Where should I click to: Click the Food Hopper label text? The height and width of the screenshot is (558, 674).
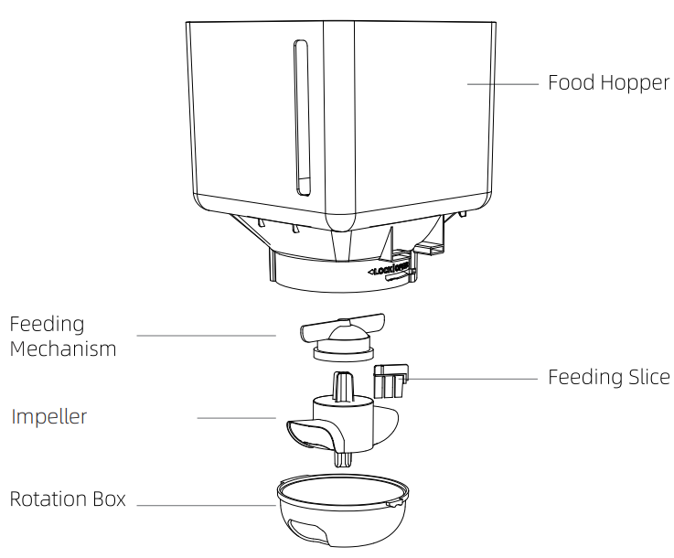point(608,83)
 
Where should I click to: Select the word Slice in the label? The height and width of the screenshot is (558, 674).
point(647,377)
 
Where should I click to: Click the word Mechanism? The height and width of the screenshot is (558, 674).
point(63,349)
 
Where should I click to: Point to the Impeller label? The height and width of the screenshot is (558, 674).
point(49,417)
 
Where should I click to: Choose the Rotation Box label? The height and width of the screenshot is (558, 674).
point(68,499)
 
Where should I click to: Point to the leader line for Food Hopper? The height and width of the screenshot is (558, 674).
point(502,84)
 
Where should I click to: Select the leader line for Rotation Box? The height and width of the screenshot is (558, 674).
point(206,504)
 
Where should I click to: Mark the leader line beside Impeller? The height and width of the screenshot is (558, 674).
point(236,418)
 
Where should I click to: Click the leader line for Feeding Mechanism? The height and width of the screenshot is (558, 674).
point(206,336)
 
